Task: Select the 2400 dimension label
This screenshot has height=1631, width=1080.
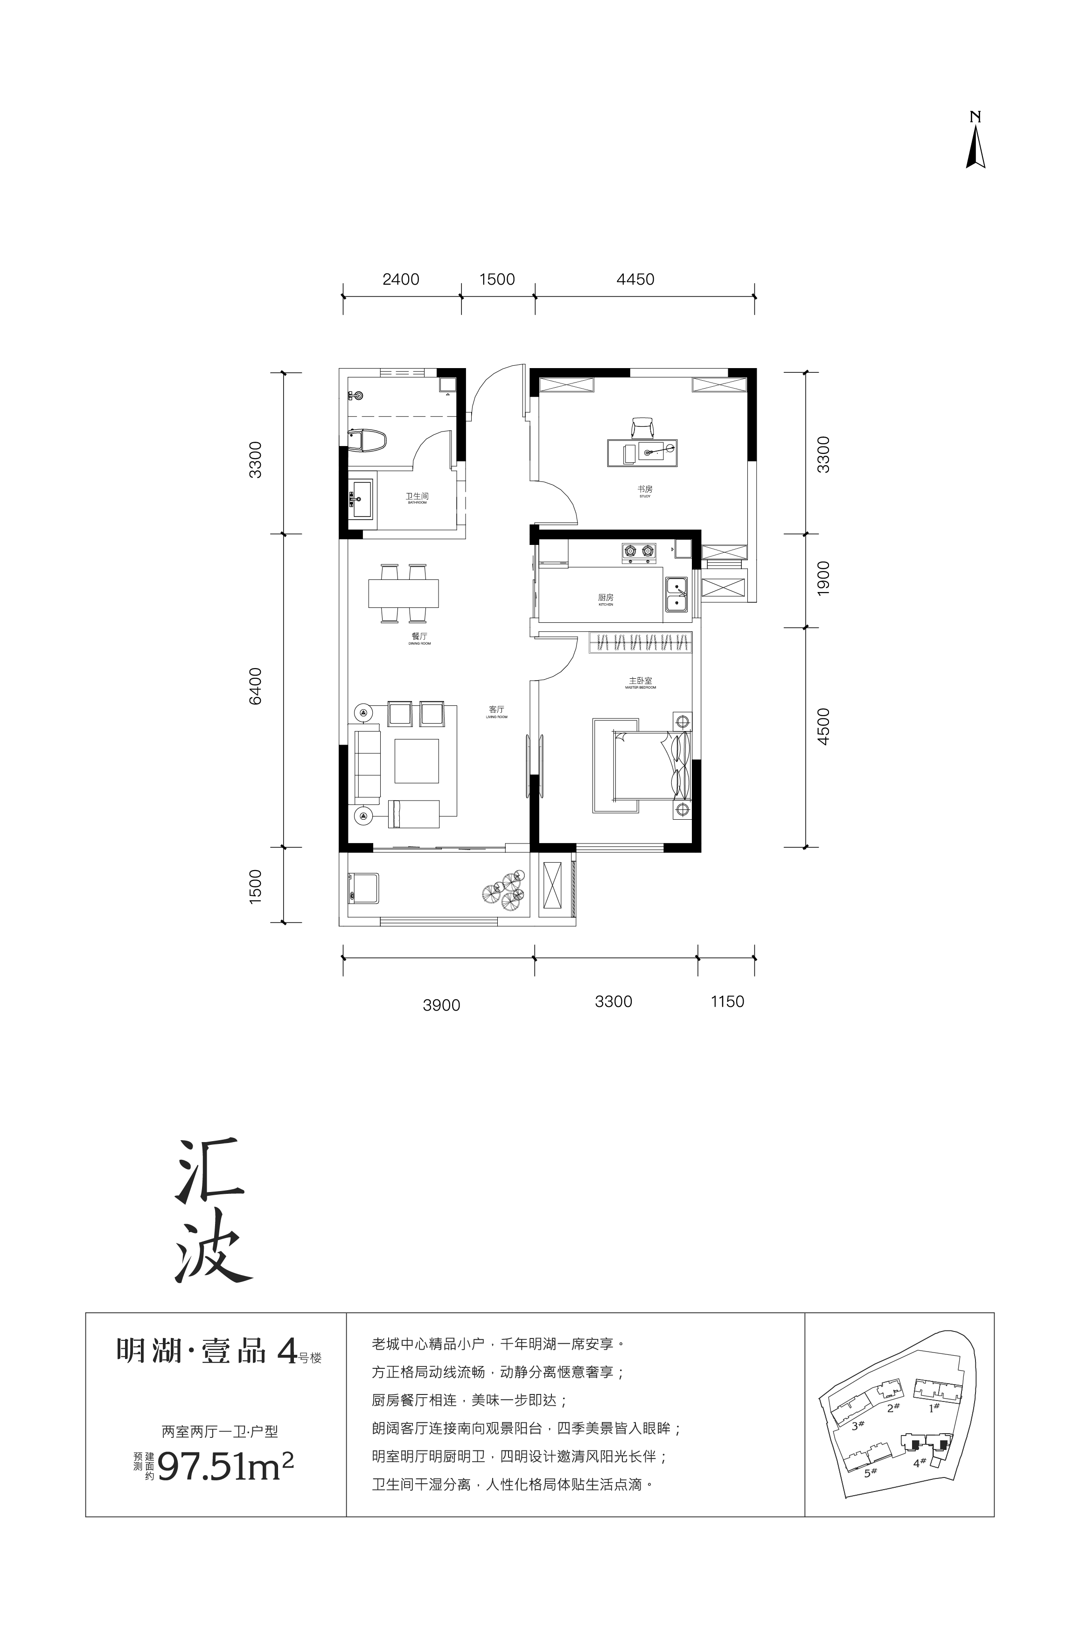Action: (x=400, y=279)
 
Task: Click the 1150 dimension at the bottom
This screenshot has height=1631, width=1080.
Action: (x=727, y=1002)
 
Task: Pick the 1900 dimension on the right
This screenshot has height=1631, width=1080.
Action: (x=823, y=579)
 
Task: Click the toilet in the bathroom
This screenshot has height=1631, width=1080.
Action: (x=367, y=441)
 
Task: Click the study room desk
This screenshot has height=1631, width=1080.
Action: (x=641, y=453)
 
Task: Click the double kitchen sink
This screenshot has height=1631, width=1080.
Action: (x=676, y=594)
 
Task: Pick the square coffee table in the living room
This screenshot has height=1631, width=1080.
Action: (x=416, y=761)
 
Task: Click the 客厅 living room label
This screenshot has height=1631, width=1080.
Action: (x=496, y=709)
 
